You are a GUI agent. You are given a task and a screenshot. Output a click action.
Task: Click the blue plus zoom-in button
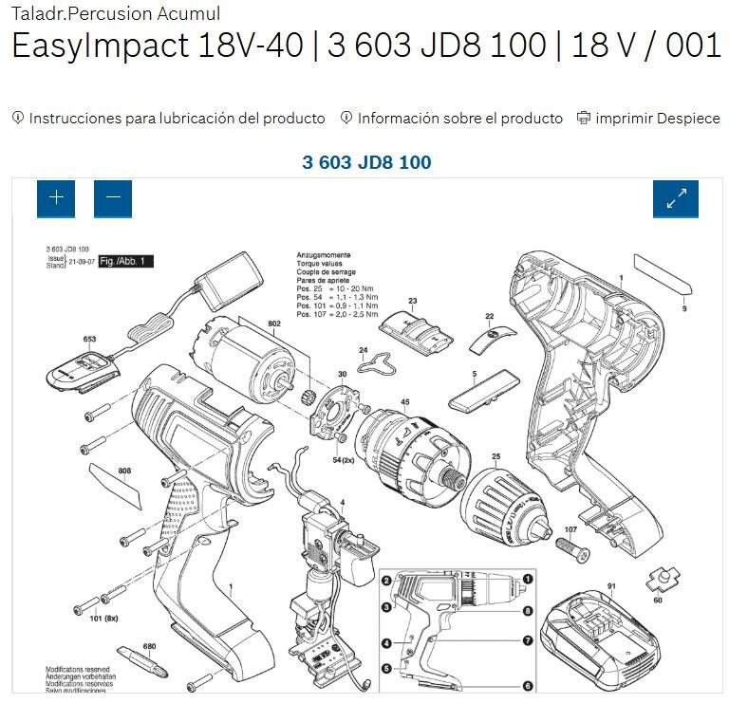56,197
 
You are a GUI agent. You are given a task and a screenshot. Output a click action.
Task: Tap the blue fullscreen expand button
676,197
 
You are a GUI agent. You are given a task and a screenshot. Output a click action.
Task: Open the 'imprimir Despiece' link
648,119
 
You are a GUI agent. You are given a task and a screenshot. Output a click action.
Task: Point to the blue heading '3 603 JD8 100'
366,162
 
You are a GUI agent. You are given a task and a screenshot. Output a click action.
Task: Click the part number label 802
274,324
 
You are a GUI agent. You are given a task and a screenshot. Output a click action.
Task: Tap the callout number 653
89,339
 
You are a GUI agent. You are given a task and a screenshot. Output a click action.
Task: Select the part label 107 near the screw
570,529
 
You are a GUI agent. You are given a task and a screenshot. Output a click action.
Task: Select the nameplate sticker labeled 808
114,484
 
